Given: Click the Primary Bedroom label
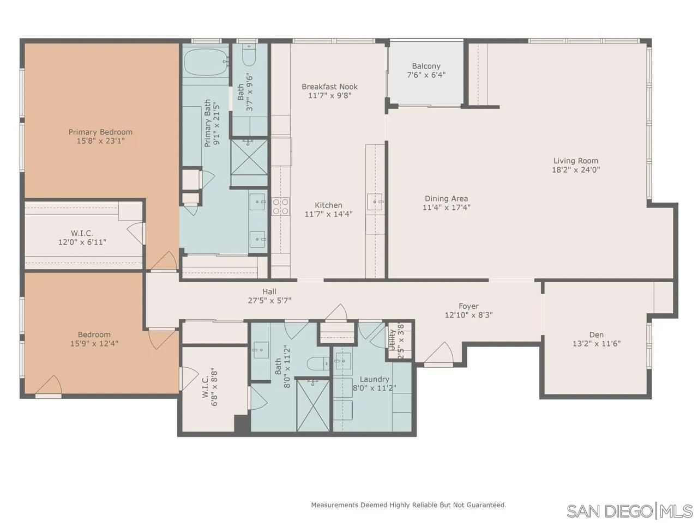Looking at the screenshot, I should click(x=100, y=132).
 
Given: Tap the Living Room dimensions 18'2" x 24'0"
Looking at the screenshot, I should click(x=576, y=169).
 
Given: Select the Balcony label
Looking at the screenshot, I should click(x=426, y=66).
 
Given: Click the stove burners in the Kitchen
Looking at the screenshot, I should click(x=280, y=206).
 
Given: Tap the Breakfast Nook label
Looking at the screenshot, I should click(x=329, y=87).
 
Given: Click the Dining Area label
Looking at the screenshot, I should click(x=446, y=199).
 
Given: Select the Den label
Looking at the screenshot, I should click(x=596, y=335).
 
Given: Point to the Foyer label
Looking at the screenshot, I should click(x=468, y=306).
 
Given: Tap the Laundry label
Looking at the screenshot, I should click(x=374, y=379).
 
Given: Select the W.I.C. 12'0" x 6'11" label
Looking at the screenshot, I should click(x=82, y=233).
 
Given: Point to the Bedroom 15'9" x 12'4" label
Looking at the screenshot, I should click(x=94, y=335).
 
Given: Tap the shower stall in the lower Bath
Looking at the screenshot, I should click(x=313, y=405).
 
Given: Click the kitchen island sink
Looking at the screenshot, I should click(x=375, y=202).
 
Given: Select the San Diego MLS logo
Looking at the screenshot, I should click(x=629, y=511).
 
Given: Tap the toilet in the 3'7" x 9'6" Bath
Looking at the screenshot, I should click(x=248, y=56).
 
